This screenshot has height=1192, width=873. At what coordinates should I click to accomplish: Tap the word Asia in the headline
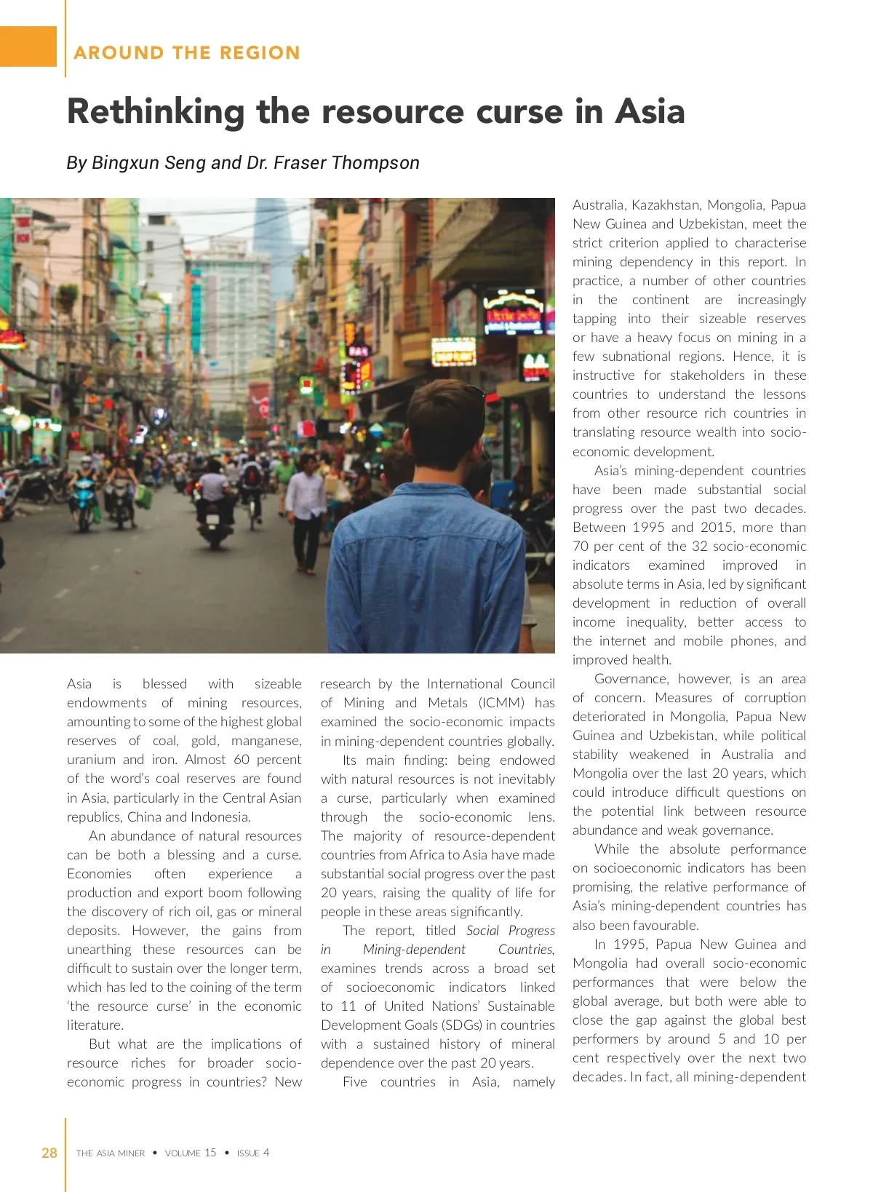[x=650, y=112]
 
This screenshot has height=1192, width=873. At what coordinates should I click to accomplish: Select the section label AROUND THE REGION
[x=187, y=53]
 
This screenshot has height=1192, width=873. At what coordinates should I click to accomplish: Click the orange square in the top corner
[x=28, y=47]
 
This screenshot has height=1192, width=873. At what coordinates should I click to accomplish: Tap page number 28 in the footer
[x=49, y=1153]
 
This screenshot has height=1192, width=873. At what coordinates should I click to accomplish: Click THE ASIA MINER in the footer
[x=111, y=1153]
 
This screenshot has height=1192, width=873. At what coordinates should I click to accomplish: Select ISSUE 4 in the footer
[x=253, y=1153]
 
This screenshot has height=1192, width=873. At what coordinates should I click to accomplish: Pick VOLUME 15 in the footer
[x=191, y=1153]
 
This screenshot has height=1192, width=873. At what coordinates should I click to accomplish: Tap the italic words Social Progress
[x=510, y=931]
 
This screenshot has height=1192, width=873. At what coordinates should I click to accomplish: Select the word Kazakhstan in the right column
[x=665, y=205]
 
